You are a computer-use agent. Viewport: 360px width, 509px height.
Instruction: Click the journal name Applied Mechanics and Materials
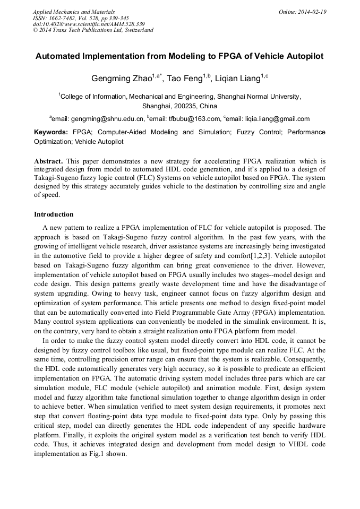pyautogui.click(x=73, y=12)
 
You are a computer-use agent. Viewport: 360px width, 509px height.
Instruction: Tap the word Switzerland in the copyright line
pyautogui.click(x=135, y=30)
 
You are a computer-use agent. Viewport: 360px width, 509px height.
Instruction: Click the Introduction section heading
pyautogui.click(x=54, y=214)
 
